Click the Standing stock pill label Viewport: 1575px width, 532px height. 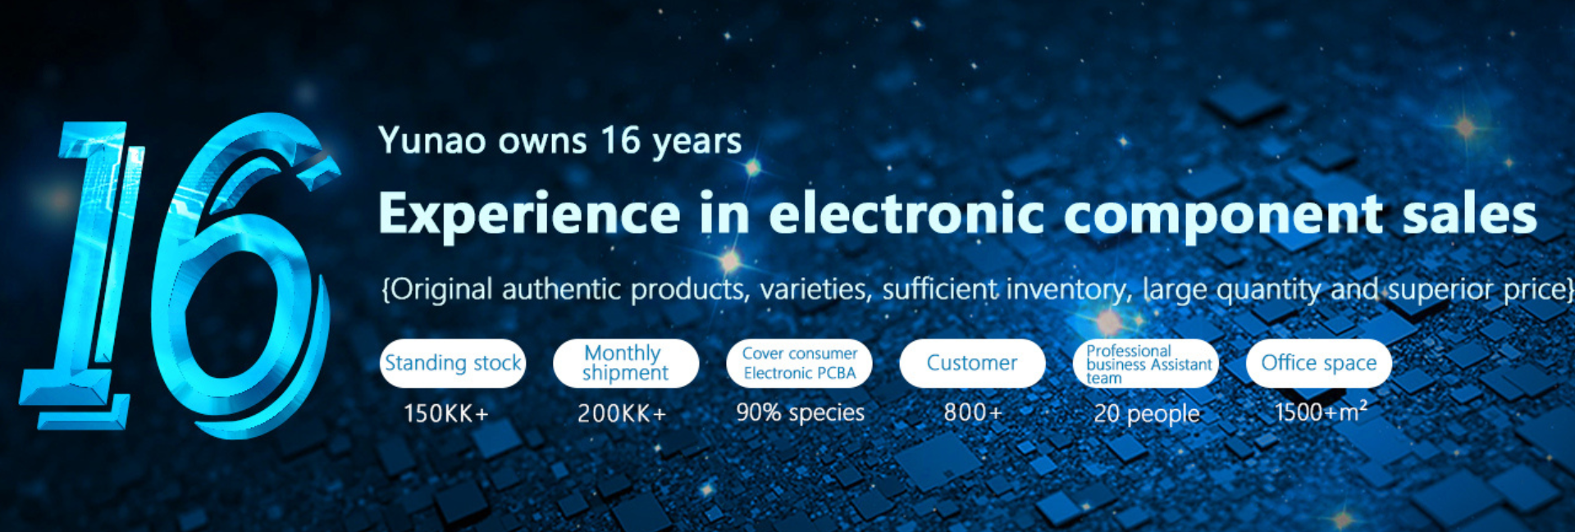point(453,363)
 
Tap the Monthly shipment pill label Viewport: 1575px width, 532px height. point(626,363)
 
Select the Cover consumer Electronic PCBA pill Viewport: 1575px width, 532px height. point(799,363)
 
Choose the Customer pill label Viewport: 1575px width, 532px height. point(972,363)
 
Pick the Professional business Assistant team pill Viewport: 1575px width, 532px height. point(1146,363)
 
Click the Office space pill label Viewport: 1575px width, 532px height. point(1319,363)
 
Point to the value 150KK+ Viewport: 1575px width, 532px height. point(445,413)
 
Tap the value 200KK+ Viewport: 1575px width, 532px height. point(622,413)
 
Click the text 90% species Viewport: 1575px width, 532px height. point(800,413)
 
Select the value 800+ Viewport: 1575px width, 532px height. point(973,412)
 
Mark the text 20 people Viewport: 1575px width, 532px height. point(1147,414)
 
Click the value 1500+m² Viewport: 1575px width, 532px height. point(1321,411)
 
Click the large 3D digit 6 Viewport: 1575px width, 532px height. point(246,275)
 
